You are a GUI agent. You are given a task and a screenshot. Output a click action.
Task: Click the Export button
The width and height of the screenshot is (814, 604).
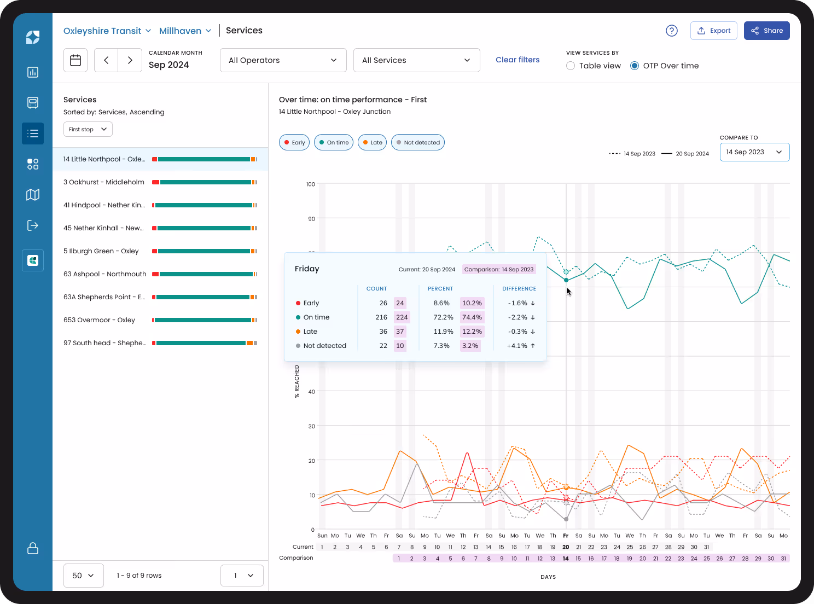coord(713,31)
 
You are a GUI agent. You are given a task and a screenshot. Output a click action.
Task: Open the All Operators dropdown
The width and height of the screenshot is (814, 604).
coord(283,60)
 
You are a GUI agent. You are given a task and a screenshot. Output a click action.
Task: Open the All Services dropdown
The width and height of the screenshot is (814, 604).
coord(416,60)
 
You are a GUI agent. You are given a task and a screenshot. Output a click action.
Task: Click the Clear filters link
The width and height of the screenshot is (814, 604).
coord(517,60)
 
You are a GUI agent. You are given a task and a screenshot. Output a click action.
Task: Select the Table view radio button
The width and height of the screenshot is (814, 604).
coord(571,66)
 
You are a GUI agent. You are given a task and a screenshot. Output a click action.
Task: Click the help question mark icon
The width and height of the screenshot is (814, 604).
coord(671,31)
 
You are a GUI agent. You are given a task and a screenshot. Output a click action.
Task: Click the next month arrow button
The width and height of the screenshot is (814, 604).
coord(130,60)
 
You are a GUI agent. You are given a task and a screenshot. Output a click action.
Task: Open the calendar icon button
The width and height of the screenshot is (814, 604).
coord(75,60)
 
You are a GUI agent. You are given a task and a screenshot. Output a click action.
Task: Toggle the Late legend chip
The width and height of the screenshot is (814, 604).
coord(372,142)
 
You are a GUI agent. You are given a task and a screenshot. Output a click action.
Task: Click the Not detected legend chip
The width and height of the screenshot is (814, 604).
coord(417,142)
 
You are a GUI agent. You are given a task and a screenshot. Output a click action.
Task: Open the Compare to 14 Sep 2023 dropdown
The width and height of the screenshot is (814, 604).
coord(754,152)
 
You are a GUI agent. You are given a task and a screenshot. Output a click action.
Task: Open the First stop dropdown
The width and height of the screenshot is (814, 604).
coord(88,129)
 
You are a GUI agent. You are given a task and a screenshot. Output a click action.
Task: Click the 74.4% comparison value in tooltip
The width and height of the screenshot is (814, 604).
coord(472,317)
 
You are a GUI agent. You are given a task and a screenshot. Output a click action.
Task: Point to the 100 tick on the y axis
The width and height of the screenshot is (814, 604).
coord(311,184)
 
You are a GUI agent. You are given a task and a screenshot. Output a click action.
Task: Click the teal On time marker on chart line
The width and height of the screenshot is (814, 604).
coord(566,280)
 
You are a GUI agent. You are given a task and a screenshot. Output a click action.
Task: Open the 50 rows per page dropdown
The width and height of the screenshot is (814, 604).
coord(83,576)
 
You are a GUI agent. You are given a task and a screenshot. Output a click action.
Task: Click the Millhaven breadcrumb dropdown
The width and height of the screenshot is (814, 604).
coord(185,31)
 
